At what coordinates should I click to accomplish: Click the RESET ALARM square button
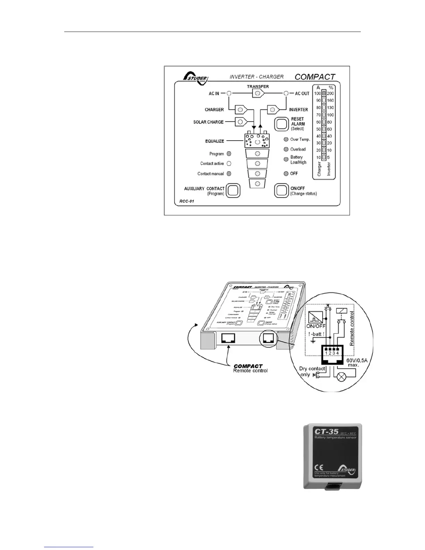(x=282, y=124)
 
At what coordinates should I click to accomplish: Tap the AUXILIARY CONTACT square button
(x=233, y=190)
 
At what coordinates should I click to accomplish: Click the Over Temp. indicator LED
(x=286, y=139)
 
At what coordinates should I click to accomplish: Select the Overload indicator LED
(x=286, y=149)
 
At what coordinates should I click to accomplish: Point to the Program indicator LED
(x=229, y=153)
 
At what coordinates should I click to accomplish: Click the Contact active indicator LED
(x=229, y=164)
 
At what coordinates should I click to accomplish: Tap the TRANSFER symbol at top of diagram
(x=258, y=93)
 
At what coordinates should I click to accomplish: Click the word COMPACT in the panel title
(x=315, y=77)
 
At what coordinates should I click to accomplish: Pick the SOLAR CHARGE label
(x=208, y=122)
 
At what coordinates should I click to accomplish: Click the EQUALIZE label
(x=214, y=141)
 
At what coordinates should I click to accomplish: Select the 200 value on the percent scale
(x=330, y=93)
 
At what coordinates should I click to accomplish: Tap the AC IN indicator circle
(x=229, y=93)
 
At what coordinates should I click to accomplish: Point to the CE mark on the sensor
(x=319, y=467)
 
